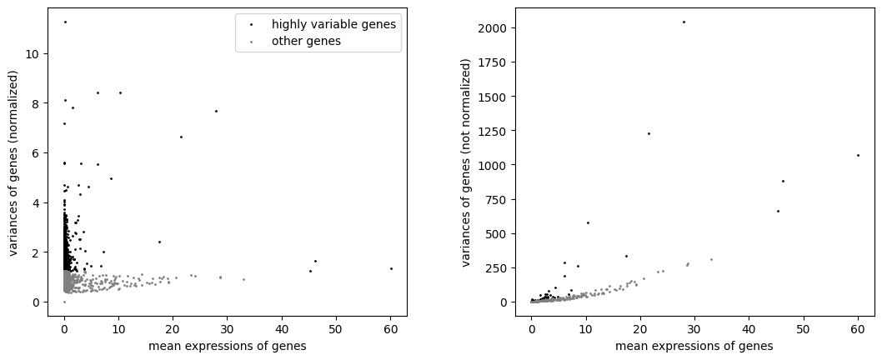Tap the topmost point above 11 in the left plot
(65, 22)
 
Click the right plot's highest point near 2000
(684, 22)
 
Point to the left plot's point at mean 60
(391, 268)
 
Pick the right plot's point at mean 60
(858, 155)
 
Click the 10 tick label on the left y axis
(36, 54)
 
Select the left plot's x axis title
(228, 346)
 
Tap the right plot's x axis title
(694, 346)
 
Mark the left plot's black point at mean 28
(216, 111)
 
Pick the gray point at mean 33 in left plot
(243, 279)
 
